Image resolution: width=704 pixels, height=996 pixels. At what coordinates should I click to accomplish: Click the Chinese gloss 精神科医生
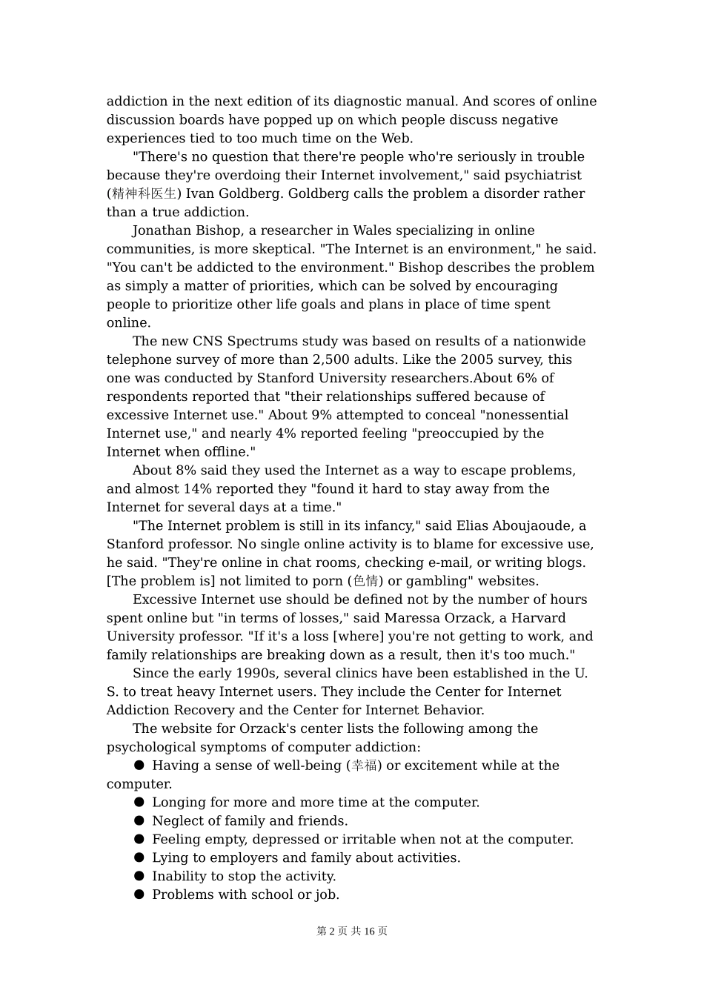[144, 194]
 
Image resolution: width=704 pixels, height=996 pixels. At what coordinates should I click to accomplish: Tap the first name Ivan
[200, 194]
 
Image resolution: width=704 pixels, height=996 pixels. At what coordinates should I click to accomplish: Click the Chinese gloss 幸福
[364, 766]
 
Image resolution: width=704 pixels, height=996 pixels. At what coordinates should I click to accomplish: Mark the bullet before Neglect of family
[139, 821]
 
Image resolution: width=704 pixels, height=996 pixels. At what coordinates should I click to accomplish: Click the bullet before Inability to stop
[139, 877]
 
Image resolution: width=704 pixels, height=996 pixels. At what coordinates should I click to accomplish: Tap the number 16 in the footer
[370, 932]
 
